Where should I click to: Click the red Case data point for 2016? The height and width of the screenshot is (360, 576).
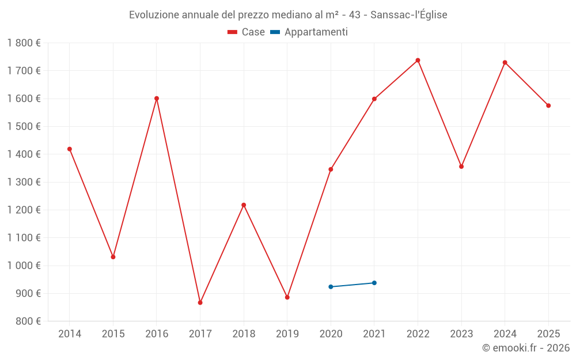pos(157,98)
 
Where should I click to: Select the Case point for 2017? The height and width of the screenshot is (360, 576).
pos(200,302)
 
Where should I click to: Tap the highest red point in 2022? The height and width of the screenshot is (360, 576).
pos(418,60)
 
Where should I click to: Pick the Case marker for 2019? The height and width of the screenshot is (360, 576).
pos(287,297)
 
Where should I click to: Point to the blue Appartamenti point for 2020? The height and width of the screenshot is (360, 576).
pos(331,287)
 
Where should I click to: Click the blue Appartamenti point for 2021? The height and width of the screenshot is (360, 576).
pos(374,283)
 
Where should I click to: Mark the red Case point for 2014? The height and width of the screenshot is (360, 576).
pos(70,149)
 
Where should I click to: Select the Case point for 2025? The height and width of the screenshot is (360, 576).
pos(548,106)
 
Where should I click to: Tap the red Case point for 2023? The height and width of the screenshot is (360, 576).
pos(461,166)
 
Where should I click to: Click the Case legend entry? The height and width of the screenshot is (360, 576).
pos(246,32)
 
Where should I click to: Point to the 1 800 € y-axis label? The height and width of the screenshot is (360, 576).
pos(24,43)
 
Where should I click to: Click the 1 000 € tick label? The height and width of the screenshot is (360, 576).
pos(24,266)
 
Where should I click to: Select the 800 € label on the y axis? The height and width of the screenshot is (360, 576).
pos(28,321)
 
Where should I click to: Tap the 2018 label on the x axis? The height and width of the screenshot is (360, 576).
pos(244,334)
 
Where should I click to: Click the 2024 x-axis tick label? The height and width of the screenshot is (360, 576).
pos(505,334)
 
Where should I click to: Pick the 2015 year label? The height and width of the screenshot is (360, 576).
pos(113,334)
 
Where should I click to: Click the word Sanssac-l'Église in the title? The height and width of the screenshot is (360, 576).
pos(409,15)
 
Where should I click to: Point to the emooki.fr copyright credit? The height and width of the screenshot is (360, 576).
pos(526,348)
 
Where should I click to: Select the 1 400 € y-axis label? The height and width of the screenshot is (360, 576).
pos(24,154)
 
